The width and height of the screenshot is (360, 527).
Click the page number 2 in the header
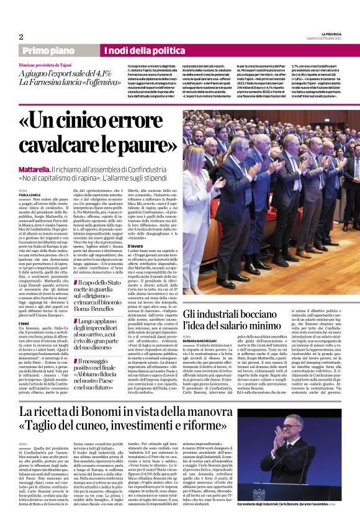pos(21,37)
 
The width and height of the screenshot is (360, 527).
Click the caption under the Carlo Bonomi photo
pos(288,520)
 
